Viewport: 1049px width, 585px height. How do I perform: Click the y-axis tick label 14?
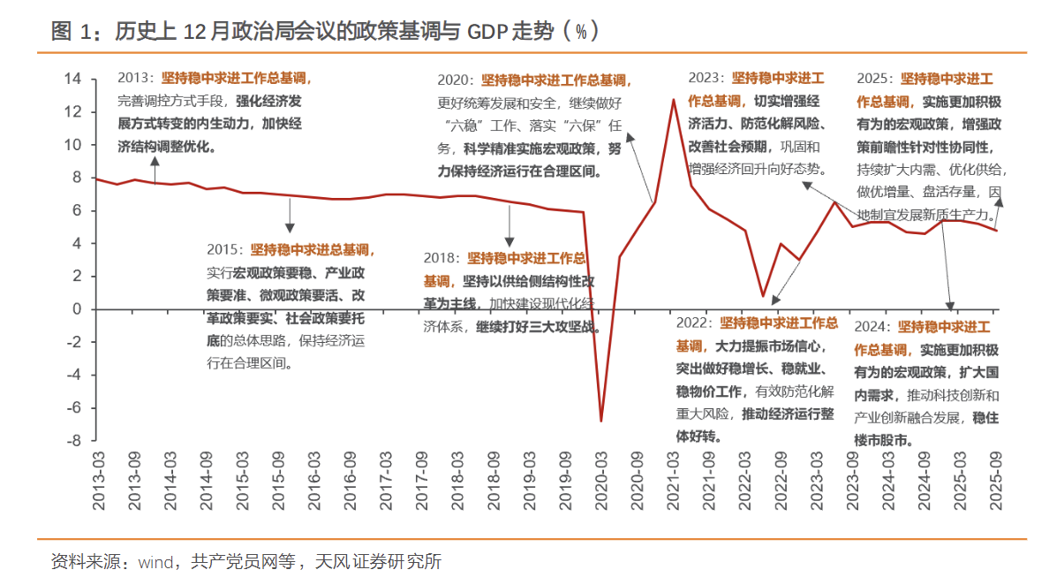click(74, 80)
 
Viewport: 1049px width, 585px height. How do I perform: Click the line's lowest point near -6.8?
click(601, 421)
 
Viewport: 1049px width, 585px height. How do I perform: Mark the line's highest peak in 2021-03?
click(674, 99)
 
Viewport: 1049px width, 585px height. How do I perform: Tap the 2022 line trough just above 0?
click(763, 296)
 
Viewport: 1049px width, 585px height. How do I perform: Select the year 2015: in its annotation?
click(225, 250)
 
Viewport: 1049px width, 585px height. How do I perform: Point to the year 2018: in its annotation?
click(441, 259)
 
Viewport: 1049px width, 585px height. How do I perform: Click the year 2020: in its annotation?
click(457, 80)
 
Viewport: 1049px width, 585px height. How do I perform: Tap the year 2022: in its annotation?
click(695, 323)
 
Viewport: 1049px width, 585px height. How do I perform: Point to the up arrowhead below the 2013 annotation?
click(155, 162)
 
